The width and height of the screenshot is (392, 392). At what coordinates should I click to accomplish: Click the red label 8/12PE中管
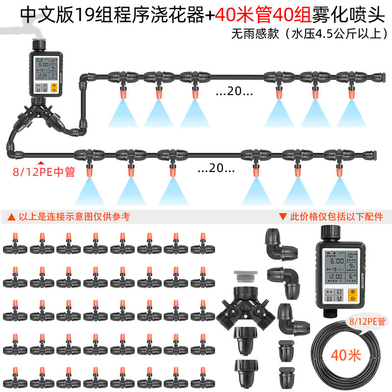coord(44,172)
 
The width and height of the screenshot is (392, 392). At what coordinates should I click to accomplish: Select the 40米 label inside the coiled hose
coord(346,354)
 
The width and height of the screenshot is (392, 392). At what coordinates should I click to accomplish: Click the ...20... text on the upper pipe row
coord(234,92)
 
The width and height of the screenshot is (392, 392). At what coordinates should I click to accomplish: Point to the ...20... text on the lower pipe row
coord(216,169)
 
